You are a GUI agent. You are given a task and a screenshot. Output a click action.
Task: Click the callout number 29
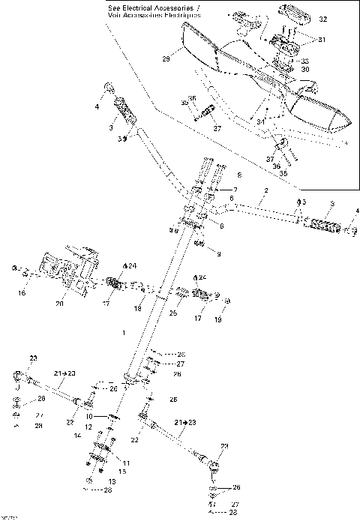(x=166, y=57)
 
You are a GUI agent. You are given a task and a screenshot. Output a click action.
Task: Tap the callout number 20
(x=60, y=304)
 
